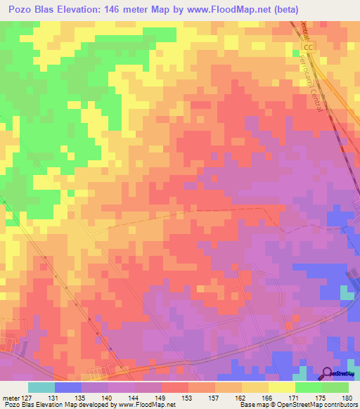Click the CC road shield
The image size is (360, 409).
[311, 46]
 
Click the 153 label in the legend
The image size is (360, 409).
[188, 398]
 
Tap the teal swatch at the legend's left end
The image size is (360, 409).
[41, 387]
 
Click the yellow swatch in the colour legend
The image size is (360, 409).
[281, 387]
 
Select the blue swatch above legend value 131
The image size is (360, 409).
[68, 387]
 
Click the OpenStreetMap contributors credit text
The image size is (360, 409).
[317, 405]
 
